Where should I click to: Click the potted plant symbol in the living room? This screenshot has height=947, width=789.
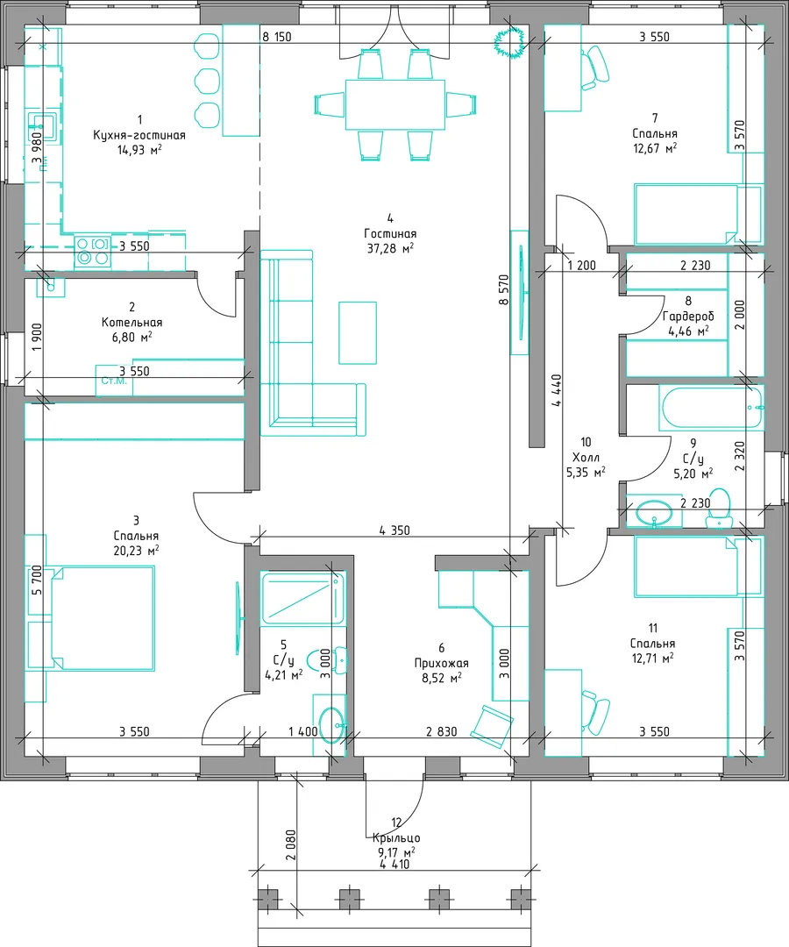pos(508,42)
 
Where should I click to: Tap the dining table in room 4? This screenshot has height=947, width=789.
pos(395,104)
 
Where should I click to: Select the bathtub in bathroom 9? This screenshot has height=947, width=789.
pos(711,409)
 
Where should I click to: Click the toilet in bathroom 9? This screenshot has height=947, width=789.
pos(718,509)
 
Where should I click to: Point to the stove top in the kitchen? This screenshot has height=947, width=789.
pos(93,252)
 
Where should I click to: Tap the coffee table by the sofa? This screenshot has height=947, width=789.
pos(358,333)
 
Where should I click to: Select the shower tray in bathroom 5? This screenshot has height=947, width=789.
pos(303,598)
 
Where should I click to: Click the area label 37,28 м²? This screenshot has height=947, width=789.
pos(391,248)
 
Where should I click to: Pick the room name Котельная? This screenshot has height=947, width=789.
pos(131,323)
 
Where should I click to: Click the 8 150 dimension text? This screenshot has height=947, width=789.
pos(276,37)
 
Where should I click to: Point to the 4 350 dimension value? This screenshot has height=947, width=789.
pos(394,530)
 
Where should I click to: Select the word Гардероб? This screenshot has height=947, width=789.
pos(688,317)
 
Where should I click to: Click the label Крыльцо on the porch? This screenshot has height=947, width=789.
pos(396,838)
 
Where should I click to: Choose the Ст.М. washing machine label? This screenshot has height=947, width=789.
pos(114,381)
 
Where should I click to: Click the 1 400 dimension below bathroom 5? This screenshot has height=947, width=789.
pos(302,731)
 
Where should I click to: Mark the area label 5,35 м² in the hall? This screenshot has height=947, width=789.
pos(586,473)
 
